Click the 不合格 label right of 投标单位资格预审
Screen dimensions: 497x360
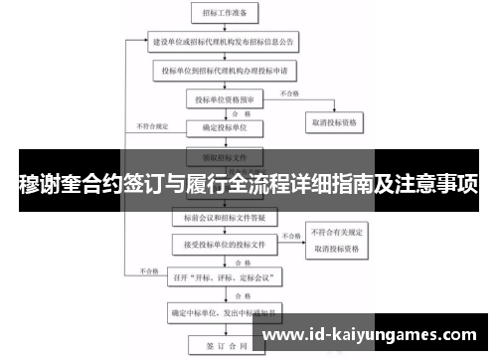click(288, 92)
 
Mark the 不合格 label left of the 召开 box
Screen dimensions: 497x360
click(149, 270)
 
